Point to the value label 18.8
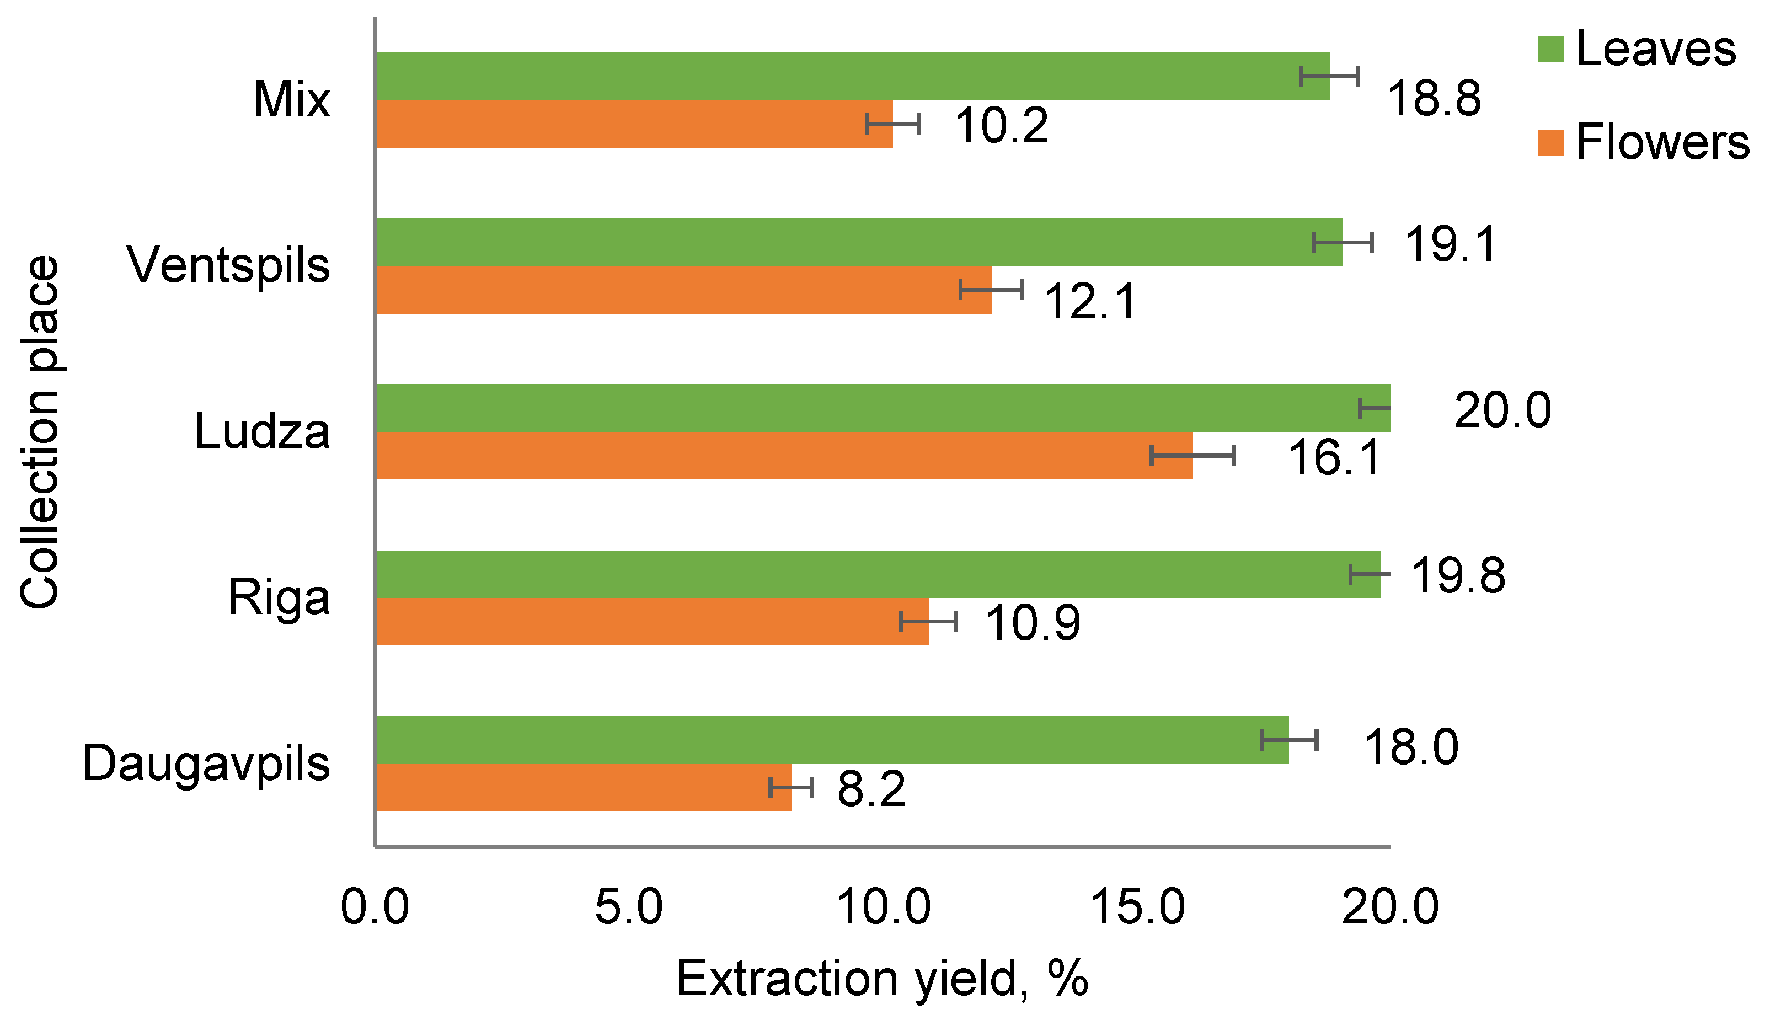(1433, 99)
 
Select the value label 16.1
(1334, 457)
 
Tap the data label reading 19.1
(1451, 244)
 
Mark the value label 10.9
(1033, 623)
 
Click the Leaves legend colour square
(1550, 49)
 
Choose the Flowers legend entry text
(1662, 142)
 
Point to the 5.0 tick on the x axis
(628, 907)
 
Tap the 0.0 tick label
(375, 907)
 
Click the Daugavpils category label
(206, 763)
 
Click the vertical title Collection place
(40, 432)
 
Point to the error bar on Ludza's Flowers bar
(1192, 455)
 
